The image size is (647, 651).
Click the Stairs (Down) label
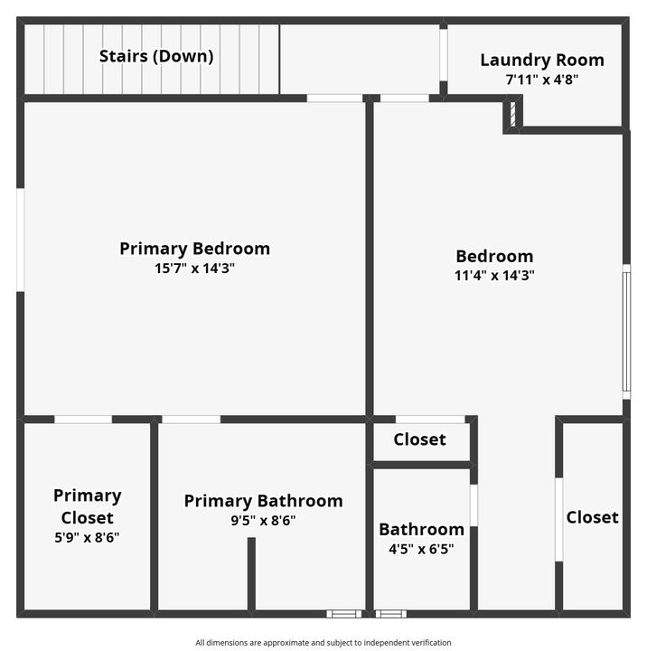(156, 56)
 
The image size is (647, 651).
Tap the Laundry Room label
(542, 61)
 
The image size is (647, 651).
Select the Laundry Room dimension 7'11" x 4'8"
(542, 79)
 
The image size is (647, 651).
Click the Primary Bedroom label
(194, 249)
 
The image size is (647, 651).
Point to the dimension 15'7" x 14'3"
(194, 268)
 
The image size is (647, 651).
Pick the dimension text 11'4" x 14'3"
(494, 276)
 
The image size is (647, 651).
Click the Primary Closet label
(87, 506)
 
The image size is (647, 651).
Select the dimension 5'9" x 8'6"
(87, 537)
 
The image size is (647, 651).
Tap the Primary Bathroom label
(263, 501)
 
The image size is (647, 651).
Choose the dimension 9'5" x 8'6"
(263, 520)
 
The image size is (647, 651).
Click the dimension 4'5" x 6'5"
(421, 548)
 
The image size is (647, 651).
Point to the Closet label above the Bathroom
(420, 439)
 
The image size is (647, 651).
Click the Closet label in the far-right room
(592, 517)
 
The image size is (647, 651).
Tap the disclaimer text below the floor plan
(323, 642)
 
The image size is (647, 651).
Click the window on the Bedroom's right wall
(626, 331)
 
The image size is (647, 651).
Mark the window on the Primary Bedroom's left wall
(20, 240)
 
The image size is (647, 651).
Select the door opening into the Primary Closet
(83, 420)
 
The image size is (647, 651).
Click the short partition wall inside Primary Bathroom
(251, 573)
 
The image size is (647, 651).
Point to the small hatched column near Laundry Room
(511, 115)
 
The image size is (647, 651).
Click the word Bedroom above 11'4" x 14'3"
(494, 256)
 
